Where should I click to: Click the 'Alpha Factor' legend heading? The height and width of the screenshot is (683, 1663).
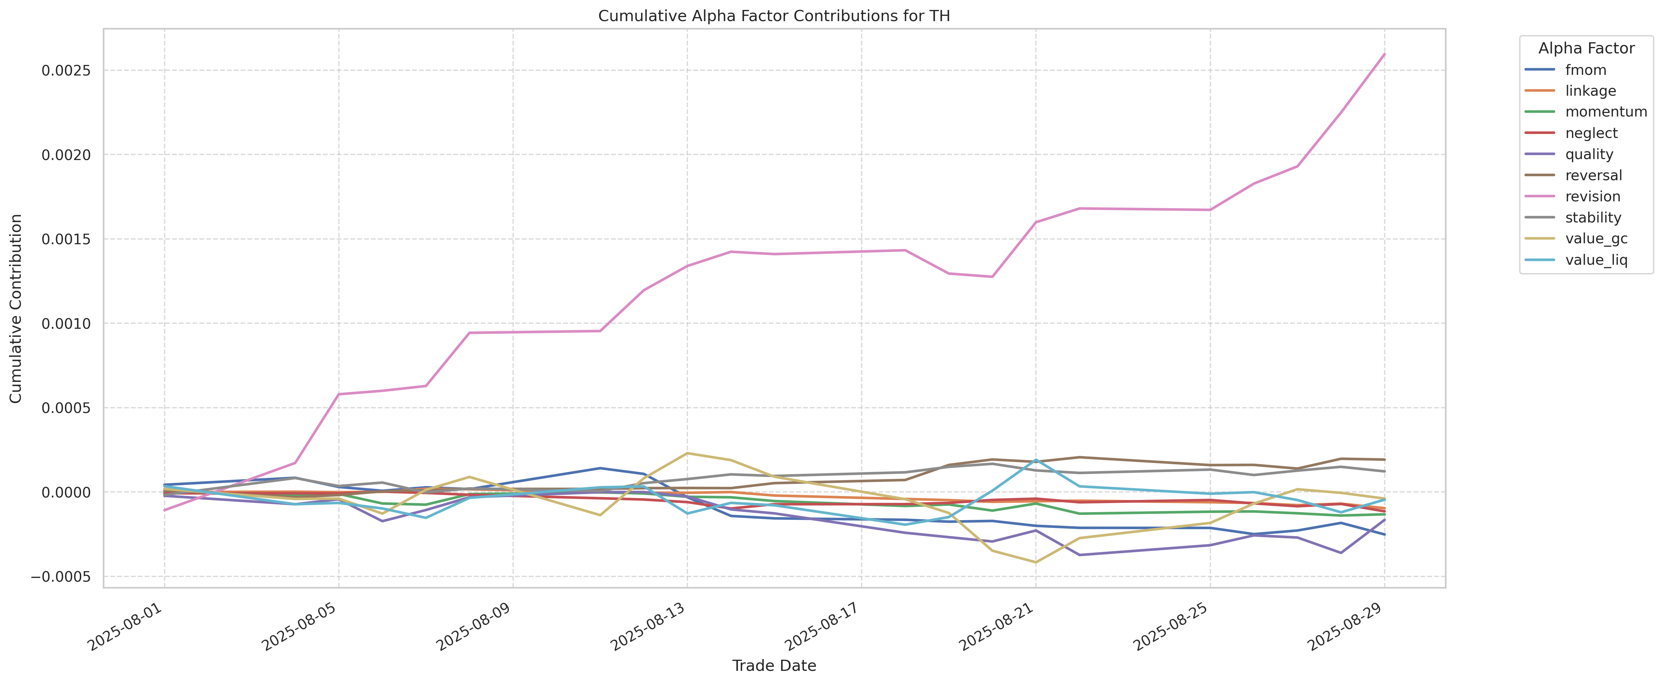tap(1586, 48)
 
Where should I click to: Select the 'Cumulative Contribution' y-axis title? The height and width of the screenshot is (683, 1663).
tap(16, 309)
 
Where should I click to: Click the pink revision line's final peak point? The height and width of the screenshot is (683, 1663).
tap(1384, 54)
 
